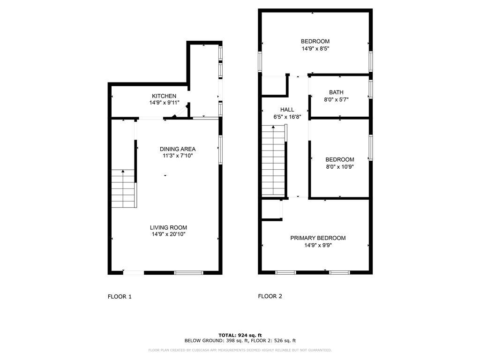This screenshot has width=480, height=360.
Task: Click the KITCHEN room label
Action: point(164,96)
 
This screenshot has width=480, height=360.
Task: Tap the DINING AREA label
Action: point(178,149)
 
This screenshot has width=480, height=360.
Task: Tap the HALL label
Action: point(287,110)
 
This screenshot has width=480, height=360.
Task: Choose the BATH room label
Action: point(336,92)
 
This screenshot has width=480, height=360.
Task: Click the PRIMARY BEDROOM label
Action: point(318,238)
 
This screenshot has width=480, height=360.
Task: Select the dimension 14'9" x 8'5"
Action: point(315,48)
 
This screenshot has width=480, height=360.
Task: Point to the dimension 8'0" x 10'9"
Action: point(340,166)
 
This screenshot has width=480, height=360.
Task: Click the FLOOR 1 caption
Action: point(120,297)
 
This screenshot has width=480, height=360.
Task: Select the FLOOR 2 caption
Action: point(270,296)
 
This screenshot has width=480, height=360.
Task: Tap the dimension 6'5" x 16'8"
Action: point(287,117)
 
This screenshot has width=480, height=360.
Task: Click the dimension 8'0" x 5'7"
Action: point(336,99)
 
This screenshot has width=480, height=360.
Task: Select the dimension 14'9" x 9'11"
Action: point(164,103)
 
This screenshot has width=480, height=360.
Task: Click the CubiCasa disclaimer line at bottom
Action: point(240,350)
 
